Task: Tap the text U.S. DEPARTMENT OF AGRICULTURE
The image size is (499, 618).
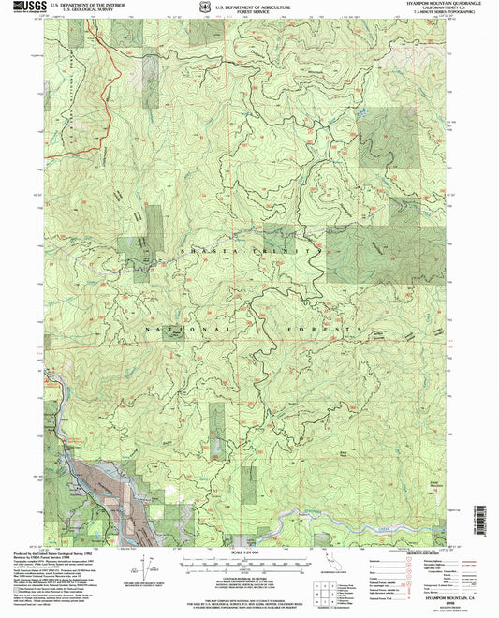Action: tap(250, 6)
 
